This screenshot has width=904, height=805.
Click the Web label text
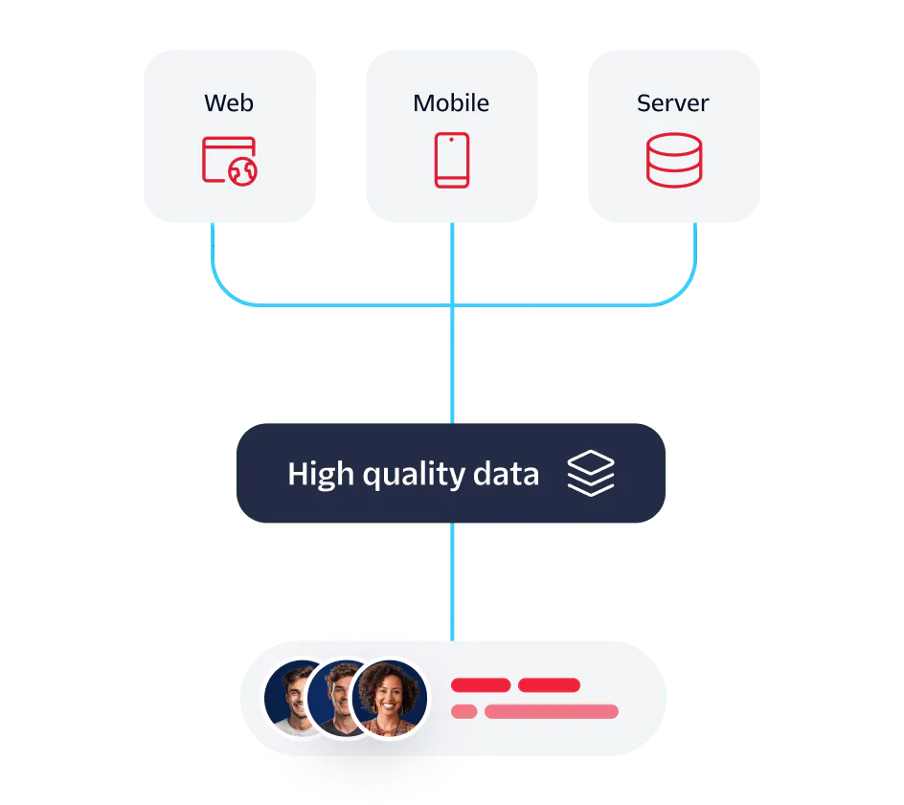coord(229,102)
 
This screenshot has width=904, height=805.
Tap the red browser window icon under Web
coord(226,159)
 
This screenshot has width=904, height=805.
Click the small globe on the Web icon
coord(243,170)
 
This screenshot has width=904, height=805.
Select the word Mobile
coord(451,102)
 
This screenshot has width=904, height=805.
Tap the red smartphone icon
coord(452,160)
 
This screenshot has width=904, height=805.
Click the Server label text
coord(673,102)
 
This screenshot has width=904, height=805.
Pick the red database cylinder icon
coord(673,160)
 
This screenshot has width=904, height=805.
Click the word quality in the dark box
coord(414,475)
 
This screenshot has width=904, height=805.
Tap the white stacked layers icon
coord(591,474)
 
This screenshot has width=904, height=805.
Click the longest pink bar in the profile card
coord(552,711)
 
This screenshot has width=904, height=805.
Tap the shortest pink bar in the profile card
coord(463,711)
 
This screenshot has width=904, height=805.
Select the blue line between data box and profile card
coord(452,580)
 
